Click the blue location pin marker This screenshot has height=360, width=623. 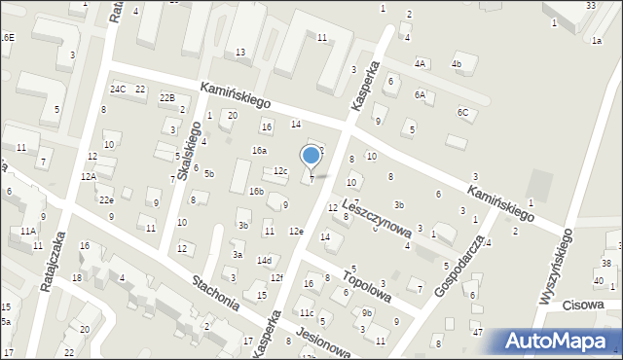(311, 157)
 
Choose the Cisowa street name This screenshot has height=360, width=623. (584, 305)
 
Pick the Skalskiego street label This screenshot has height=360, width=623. (189, 157)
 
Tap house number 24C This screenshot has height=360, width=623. (118, 90)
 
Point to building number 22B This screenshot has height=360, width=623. (167, 98)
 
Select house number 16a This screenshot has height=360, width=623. (259, 151)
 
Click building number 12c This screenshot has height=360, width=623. (280, 171)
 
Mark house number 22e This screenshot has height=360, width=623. (106, 199)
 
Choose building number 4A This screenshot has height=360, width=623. (420, 63)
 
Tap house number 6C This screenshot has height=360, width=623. (463, 112)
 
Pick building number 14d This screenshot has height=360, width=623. (264, 260)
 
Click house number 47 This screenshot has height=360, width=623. (478, 333)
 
